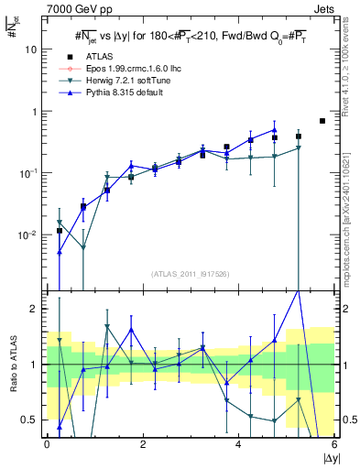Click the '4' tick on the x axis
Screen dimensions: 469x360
point(238,444)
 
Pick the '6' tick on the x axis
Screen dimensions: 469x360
point(333,444)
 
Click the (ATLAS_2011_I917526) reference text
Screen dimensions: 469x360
point(191,274)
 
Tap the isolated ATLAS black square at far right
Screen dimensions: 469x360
point(322,121)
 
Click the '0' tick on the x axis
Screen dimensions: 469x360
point(48,444)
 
